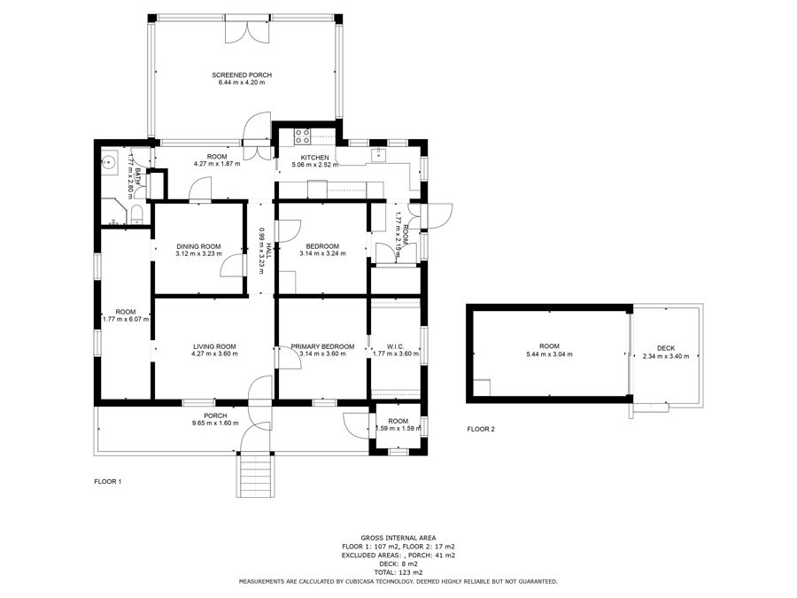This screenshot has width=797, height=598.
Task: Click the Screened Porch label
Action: click(242, 74)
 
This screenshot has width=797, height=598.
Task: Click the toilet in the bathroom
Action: click(137, 214)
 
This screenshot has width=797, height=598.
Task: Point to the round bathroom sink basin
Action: click(109, 163)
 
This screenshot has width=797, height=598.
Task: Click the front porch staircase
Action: click(255, 475)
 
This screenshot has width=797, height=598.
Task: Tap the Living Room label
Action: click(214, 346)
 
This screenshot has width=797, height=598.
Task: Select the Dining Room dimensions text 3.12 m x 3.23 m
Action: click(198, 253)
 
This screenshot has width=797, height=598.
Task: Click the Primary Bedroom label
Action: click(322, 346)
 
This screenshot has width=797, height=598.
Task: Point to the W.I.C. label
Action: click(396, 346)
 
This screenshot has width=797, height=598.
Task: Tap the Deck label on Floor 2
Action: click(666, 348)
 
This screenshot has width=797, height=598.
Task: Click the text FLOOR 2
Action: click(481, 429)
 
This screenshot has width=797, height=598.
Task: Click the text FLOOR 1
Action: click(108, 482)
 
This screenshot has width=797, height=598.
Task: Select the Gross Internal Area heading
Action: click(398, 538)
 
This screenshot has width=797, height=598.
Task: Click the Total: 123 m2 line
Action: click(398, 572)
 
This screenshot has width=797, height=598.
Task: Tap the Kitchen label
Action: click(314, 158)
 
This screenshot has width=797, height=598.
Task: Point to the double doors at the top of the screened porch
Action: click(248, 30)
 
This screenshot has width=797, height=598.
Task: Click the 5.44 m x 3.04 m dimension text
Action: click(549, 353)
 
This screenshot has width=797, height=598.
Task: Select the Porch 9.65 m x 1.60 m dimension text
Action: click(215, 423)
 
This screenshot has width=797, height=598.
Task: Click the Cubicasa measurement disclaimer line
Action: click(398, 581)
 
